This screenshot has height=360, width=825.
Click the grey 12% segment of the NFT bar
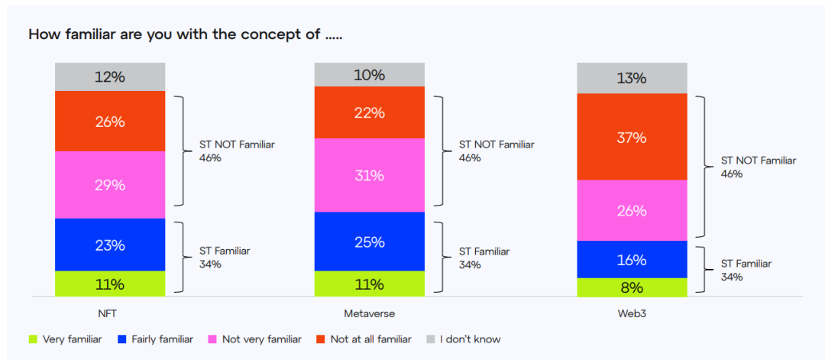[x=110, y=77]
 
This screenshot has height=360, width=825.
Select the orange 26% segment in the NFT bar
[x=110, y=121]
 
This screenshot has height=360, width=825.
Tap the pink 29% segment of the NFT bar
[x=110, y=185]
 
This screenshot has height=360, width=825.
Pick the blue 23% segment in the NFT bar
[x=110, y=245]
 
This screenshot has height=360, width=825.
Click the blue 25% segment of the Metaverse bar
[x=370, y=242]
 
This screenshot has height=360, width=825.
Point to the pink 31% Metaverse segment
[x=370, y=175]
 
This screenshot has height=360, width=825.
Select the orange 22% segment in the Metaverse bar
[x=370, y=112]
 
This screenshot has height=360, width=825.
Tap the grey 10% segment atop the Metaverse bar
[x=370, y=75]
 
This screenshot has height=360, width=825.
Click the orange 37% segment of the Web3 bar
[x=632, y=137]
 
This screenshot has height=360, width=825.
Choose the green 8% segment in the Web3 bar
[x=632, y=287]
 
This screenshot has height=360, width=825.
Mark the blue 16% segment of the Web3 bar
[x=632, y=259]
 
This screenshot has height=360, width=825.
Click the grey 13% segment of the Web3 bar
[x=632, y=78]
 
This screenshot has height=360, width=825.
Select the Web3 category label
[x=632, y=313]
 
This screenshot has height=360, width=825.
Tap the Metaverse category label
[x=370, y=313]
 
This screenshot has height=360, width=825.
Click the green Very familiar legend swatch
[x=33, y=339]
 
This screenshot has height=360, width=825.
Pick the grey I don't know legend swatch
[x=429, y=339]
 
